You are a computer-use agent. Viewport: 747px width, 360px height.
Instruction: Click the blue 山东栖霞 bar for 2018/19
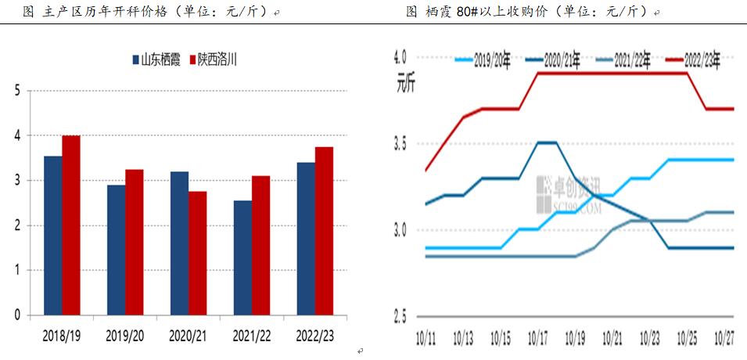coord(53,236)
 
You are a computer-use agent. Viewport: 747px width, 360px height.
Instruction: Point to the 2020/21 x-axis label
coord(189,336)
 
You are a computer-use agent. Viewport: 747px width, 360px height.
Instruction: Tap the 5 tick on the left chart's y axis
coord(18,91)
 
